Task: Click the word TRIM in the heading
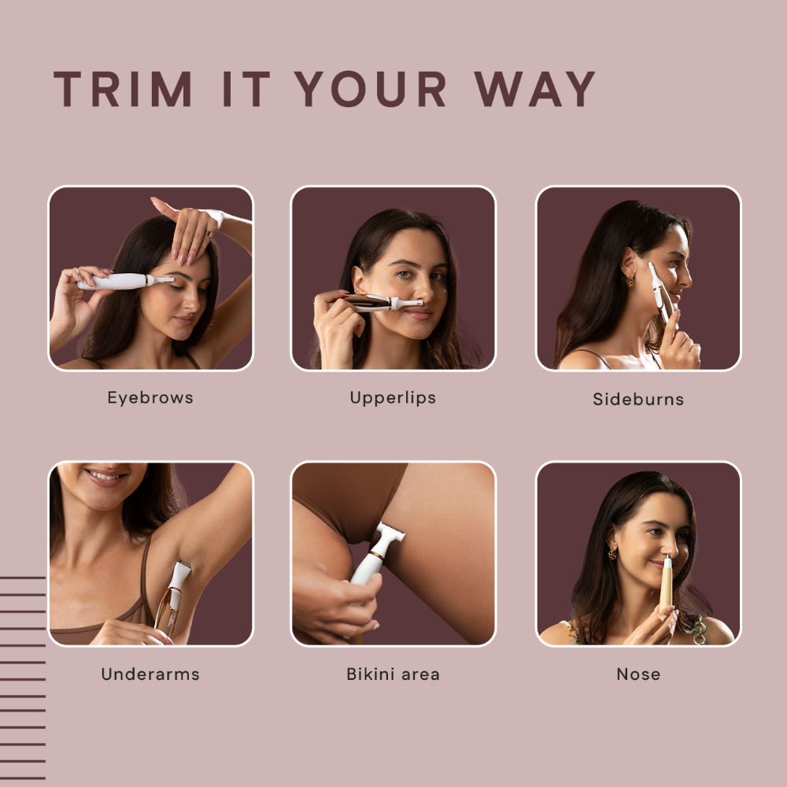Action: [123, 89]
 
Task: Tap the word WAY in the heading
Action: [534, 89]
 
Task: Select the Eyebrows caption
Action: [150, 397]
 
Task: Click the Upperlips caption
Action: [393, 397]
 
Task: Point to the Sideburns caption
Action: [638, 399]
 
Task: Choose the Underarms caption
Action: [150, 674]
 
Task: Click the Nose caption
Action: [638, 674]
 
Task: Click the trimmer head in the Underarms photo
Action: [179, 575]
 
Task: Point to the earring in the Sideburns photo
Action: [630, 281]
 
